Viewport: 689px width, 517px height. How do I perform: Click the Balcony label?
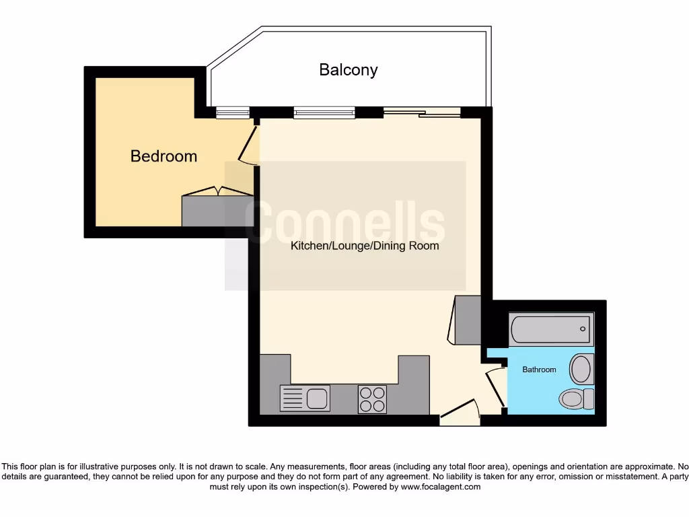[x=348, y=70]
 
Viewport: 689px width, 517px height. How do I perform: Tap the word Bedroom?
[x=164, y=156]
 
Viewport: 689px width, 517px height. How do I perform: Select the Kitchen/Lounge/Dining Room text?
[x=364, y=246]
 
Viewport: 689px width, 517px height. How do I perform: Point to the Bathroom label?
[x=539, y=370]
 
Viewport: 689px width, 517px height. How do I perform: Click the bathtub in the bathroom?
[x=551, y=329]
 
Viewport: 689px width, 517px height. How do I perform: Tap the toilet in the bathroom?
[x=575, y=399]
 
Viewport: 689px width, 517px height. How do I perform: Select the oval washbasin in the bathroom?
[x=580, y=370]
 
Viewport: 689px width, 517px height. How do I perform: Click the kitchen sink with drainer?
[x=305, y=399]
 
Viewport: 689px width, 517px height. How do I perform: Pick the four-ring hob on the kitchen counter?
[x=372, y=399]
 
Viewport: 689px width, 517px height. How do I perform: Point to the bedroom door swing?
[x=248, y=145]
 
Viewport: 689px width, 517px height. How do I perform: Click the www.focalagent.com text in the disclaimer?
[x=440, y=487]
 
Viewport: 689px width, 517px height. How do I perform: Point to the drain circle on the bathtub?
[x=583, y=329]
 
